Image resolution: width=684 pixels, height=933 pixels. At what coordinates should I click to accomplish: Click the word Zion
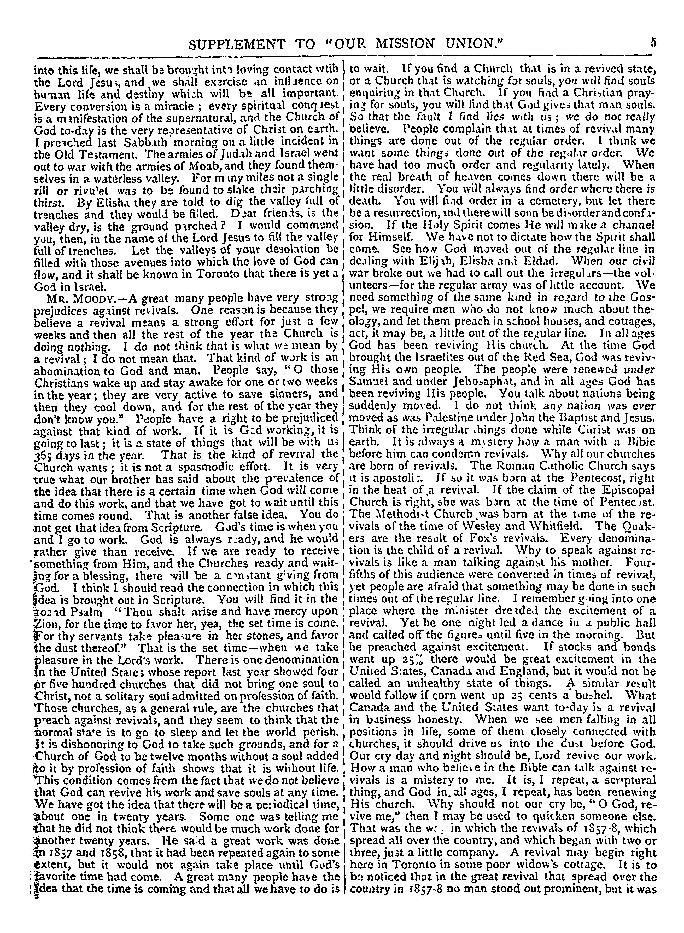41,623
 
